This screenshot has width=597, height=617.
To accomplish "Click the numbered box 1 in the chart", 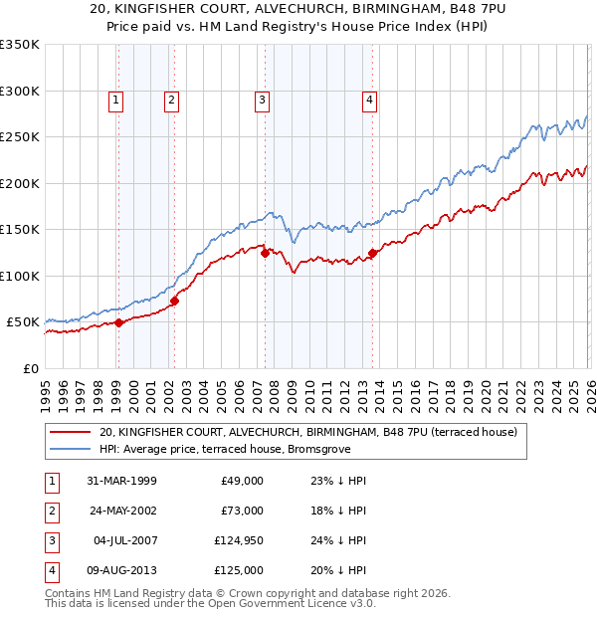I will (116, 99).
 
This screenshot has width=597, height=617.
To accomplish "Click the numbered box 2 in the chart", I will (171, 99).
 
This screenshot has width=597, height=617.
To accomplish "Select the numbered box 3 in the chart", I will (262, 99).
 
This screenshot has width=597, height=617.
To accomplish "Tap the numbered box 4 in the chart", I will (369, 99).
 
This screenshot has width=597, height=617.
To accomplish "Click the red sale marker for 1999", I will (118, 322).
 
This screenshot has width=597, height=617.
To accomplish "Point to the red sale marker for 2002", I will (174, 300).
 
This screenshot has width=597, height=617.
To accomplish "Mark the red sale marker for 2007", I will (265, 253).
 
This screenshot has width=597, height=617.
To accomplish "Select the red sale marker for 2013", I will (372, 253).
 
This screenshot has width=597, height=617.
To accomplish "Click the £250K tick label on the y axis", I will (20, 136).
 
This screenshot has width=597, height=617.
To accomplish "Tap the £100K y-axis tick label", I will (20, 276).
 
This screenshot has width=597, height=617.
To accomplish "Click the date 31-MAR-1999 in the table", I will (121, 481).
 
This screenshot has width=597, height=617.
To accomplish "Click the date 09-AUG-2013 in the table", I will (121, 571).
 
